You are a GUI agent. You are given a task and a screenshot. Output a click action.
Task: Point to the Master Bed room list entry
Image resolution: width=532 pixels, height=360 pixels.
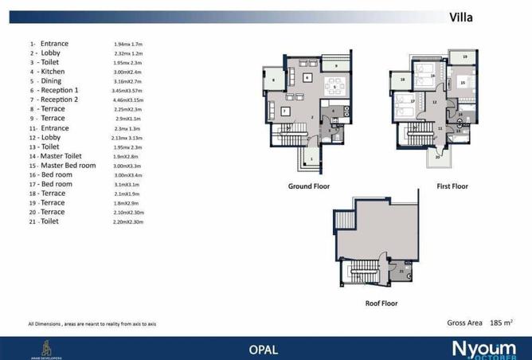click(63, 166)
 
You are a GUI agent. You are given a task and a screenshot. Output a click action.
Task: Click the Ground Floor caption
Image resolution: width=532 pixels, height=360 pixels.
click(309, 186)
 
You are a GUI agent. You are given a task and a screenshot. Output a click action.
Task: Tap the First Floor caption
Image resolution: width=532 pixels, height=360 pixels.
click(452, 186)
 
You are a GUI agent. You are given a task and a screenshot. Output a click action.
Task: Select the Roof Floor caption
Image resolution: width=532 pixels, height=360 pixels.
click(381, 303)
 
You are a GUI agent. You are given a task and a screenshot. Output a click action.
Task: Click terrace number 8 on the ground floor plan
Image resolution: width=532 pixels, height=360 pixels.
click(274, 80)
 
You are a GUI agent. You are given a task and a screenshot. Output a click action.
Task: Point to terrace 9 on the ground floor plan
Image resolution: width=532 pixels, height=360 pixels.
click(336, 65)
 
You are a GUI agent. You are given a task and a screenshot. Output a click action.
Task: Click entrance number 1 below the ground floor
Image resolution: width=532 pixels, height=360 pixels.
click(311, 159)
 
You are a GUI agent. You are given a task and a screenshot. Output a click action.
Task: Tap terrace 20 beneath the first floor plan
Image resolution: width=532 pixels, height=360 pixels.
click(437, 158)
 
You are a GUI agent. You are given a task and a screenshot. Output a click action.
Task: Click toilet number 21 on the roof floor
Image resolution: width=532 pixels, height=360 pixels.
click(402, 272)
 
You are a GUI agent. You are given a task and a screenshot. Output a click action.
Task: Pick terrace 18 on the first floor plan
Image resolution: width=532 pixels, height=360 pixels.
click(403, 80)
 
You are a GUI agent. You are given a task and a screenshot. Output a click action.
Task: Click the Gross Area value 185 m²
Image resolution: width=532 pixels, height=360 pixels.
click(497, 323)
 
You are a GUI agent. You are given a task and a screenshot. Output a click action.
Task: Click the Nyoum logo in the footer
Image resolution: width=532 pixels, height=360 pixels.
click(483, 349)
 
